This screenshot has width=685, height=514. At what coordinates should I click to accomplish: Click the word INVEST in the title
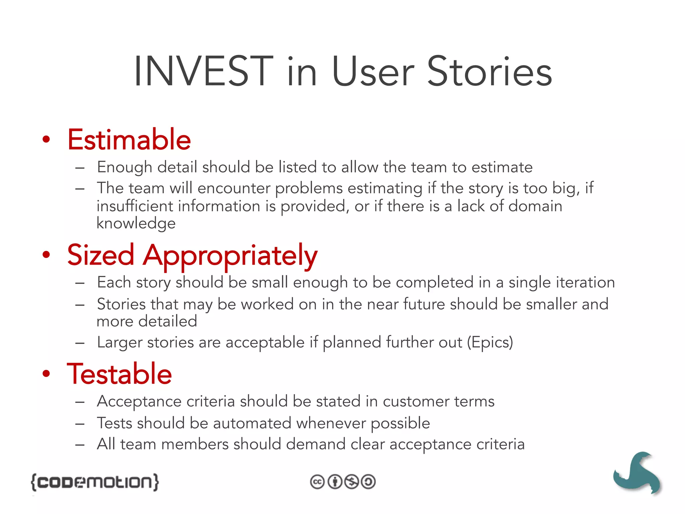(x=203, y=72)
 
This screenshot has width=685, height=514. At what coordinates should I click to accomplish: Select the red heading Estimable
(x=129, y=140)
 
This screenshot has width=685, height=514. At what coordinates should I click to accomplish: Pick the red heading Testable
(x=119, y=374)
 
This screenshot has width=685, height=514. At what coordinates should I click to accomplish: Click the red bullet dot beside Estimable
(x=46, y=140)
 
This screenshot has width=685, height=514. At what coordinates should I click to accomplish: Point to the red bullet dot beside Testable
(x=46, y=374)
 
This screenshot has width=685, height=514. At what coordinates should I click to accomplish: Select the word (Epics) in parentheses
(x=490, y=342)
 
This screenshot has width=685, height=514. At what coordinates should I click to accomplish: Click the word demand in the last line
(x=315, y=444)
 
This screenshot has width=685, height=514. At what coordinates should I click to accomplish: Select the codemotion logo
(x=95, y=482)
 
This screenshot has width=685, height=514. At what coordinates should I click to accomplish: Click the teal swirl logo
(x=637, y=473)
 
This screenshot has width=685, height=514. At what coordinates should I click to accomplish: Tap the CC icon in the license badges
(x=317, y=482)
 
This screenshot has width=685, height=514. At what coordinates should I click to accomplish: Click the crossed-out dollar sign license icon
(x=352, y=482)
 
